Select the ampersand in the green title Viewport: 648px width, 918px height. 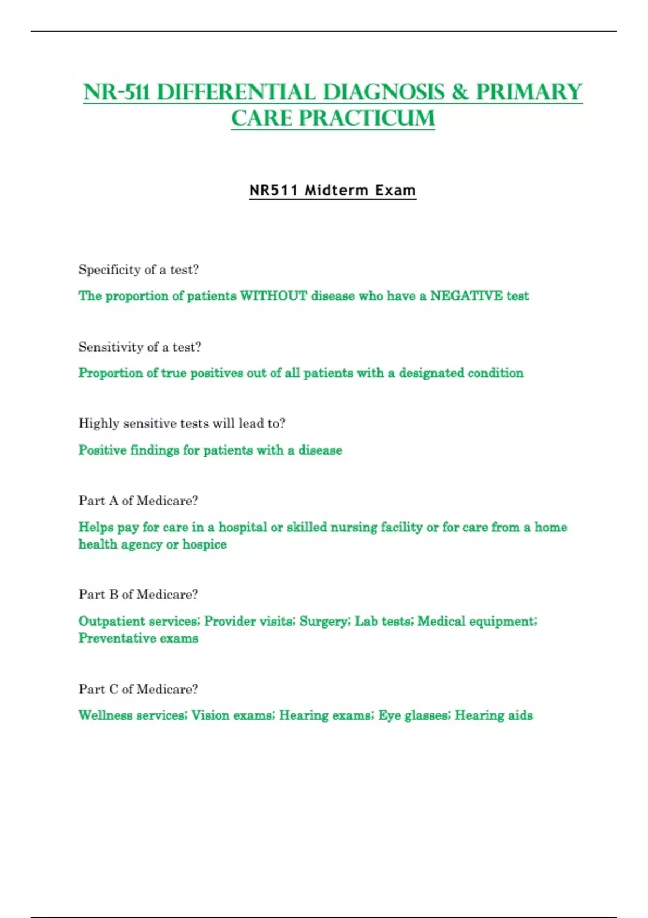(460, 92)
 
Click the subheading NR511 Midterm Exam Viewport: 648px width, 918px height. (332, 191)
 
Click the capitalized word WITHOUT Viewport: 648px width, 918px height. (273, 296)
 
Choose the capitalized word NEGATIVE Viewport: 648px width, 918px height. (466, 296)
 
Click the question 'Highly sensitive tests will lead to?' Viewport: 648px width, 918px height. (182, 423)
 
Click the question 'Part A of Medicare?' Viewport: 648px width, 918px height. (138, 501)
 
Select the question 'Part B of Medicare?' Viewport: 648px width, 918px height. (138, 595)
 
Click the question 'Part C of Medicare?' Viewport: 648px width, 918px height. (138, 689)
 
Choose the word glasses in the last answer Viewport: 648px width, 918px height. (426, 715)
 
